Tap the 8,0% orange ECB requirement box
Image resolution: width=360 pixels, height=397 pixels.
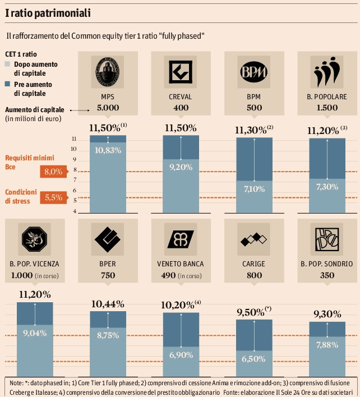click(53, 172)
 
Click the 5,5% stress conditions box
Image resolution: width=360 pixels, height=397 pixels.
click(53, 197)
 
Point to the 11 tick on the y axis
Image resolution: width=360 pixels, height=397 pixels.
click(75, 139)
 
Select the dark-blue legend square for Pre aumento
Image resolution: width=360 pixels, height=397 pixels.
click(7, 84)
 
